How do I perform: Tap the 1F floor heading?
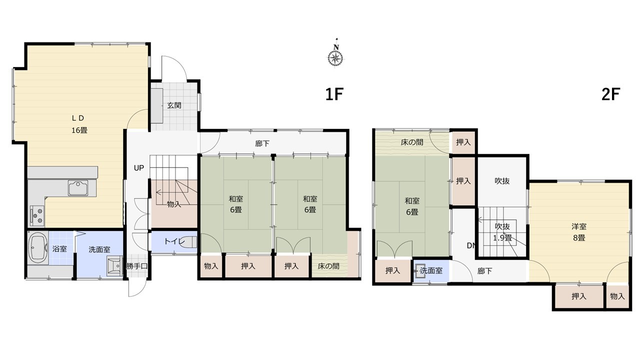(334, 94)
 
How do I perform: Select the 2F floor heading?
(610, 94)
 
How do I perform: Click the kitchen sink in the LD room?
(78, 188)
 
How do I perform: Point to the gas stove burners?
(37, 215)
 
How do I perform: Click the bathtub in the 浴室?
(38, 247)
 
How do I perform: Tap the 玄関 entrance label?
(174, 105)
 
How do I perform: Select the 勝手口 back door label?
(137, 266)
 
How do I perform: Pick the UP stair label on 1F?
(139, 168)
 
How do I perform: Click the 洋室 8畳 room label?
(579, 232)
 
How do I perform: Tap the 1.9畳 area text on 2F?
(502, 237)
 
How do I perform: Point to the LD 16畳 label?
(79, 124)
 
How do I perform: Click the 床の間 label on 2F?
(411, 142)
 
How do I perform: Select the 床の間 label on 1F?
(328, 266)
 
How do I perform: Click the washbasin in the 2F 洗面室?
(420, 270)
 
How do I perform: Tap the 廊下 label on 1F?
(262, 143)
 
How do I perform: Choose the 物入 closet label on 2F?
(617, 296)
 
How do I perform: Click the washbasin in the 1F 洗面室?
(115, 266)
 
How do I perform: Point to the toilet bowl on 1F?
(189, 241)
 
